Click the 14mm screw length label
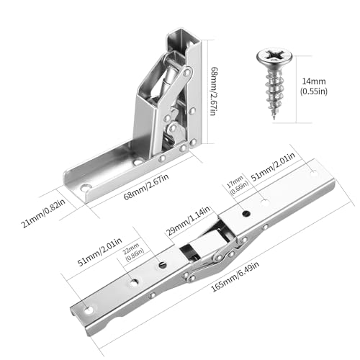(x=314, y=81)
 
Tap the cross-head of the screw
(x=274, y=57)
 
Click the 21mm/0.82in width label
(x=43, y=213)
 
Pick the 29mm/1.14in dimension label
(x=188, y=221)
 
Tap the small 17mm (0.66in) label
(x=237, y=185)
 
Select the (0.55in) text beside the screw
(x=314, y=91)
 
